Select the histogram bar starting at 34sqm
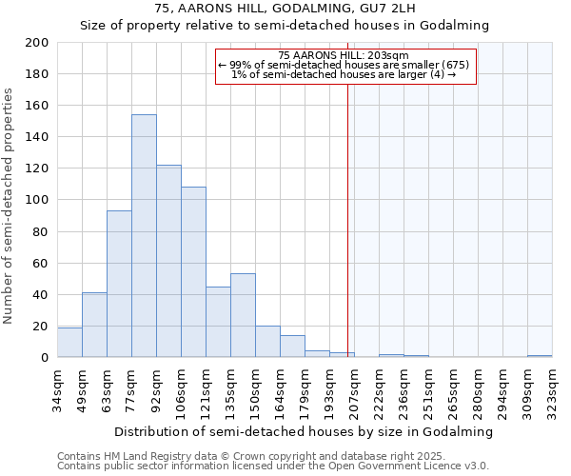tap(69, 343)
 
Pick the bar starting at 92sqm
tap(168, 261)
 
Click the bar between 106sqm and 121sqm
tap(193, 272)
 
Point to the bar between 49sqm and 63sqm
tap(94, 325)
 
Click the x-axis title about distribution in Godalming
tap(304, 431)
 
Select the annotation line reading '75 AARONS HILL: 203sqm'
tap(344, 55)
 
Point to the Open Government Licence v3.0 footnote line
tap(273, 466)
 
